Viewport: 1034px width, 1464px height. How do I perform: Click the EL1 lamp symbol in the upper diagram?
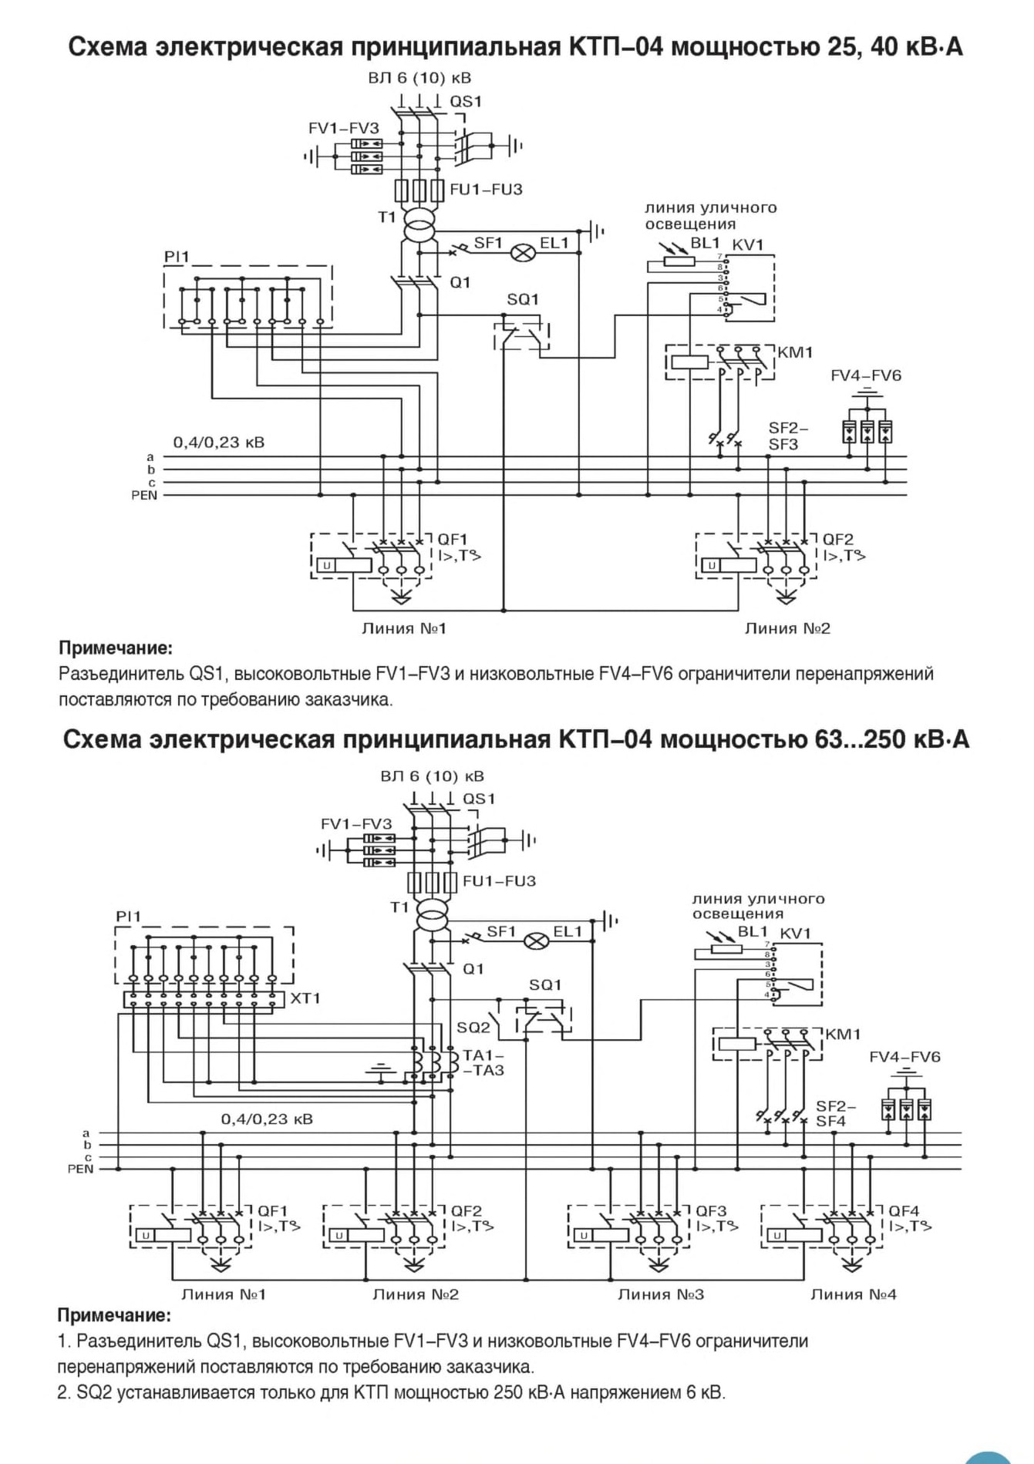(x=526, y=251)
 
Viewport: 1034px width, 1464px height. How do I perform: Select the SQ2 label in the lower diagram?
(x=473, y=1027)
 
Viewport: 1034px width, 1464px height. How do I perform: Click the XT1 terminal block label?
(x=306, y=998)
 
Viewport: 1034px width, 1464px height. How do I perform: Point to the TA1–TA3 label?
(x=483, y=1063)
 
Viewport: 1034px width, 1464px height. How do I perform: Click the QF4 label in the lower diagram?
(x=904, y=1211)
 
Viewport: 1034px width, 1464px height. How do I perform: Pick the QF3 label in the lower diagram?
(x=711, y=1211)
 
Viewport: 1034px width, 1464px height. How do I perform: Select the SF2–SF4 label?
(x=836, y=1114)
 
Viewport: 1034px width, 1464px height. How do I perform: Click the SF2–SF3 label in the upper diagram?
(x=788, y=436)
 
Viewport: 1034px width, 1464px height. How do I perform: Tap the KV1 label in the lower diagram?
(x=796, y=934)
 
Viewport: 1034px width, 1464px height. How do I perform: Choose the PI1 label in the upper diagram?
(x=176, y=257)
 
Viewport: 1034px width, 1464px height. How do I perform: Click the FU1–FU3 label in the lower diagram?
(x=499, y=880)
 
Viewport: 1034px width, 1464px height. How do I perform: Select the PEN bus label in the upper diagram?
(x=144, y=495)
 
